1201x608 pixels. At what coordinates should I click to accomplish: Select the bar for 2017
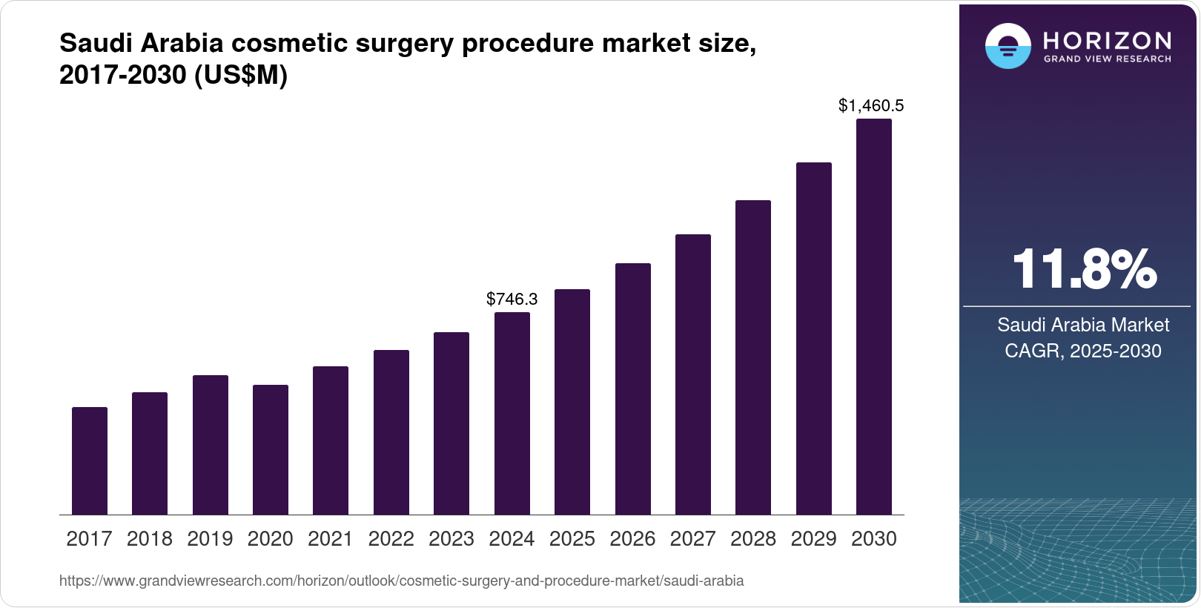pos(90,460)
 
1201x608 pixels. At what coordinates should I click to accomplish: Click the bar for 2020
pos(271,449)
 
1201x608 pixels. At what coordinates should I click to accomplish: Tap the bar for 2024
pos(512,413)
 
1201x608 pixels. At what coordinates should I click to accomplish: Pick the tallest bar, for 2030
pos(874,317)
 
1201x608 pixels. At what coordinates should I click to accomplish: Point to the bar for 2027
pos(693,374)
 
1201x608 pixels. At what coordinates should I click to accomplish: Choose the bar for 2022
pos(391,432)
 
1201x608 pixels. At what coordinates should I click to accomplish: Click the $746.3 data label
pos(512,299)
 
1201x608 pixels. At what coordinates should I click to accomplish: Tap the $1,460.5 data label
pos(871,105)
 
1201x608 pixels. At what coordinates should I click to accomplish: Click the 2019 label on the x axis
pos(210,539)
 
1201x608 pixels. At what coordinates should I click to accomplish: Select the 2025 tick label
pos(572,539)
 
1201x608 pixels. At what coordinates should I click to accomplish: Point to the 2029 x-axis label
pos(813,539)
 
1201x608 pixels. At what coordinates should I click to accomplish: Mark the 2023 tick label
pos(451,539)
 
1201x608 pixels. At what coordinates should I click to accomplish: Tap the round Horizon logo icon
pos(1008,46)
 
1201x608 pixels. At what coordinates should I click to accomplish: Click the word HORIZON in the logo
pos(1107,40)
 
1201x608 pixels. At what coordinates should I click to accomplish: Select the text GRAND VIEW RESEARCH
pos(1107,59)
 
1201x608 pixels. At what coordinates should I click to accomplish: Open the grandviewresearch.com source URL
pos(401,581)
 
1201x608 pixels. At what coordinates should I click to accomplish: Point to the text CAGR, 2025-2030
pos(1082,351)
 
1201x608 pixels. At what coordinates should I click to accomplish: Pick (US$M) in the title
pos(240,76)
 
